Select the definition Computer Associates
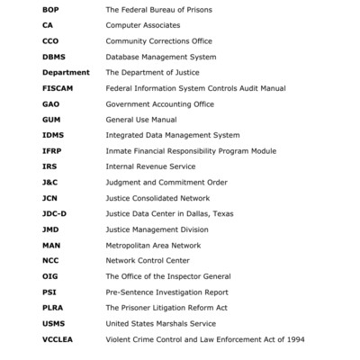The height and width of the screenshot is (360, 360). coord(142,25)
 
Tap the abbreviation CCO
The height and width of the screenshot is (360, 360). coord(49,40)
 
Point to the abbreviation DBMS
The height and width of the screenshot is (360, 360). coord(53,57)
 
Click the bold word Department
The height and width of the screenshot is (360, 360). coord(66,72)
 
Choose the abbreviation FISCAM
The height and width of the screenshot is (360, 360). coord(58,87)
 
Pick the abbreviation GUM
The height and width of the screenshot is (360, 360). coord(50,119)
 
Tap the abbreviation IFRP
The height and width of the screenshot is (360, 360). coord(52,150)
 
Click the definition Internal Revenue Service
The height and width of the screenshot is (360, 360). coord(148,166)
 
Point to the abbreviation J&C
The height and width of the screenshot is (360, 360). coord(50,182)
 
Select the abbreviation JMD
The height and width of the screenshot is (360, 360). coord(50,229)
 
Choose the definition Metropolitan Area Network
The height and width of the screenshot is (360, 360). coord(154,245)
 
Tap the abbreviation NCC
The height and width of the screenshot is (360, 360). coord(50,260)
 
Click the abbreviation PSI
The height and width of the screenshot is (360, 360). coord(49,292)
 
